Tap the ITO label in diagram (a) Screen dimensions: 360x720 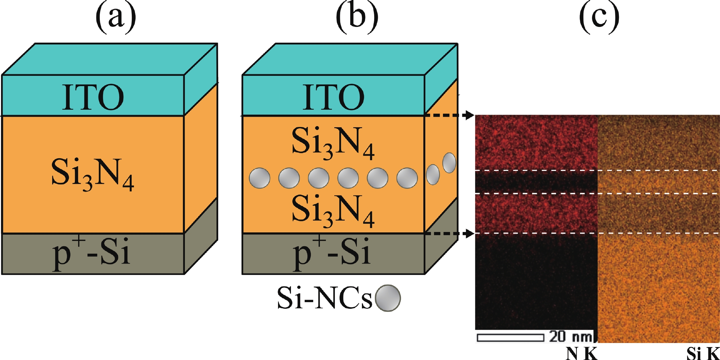[x=93, y=97]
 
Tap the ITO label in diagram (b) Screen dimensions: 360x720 [x=334, y=97]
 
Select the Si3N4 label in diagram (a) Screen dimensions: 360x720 [x=92, y=175]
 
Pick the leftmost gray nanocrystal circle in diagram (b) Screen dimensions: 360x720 [x=260, y=178]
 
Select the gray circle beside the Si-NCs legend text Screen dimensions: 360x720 [x=388, y=298]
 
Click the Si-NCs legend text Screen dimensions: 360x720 [x=324, y=298]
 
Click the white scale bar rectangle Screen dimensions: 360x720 [x=510, y=338]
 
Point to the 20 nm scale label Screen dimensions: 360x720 [x=571, y=337]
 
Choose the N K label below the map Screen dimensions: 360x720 [x=581, y=354]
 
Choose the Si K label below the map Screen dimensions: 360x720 [x=703, y=354]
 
